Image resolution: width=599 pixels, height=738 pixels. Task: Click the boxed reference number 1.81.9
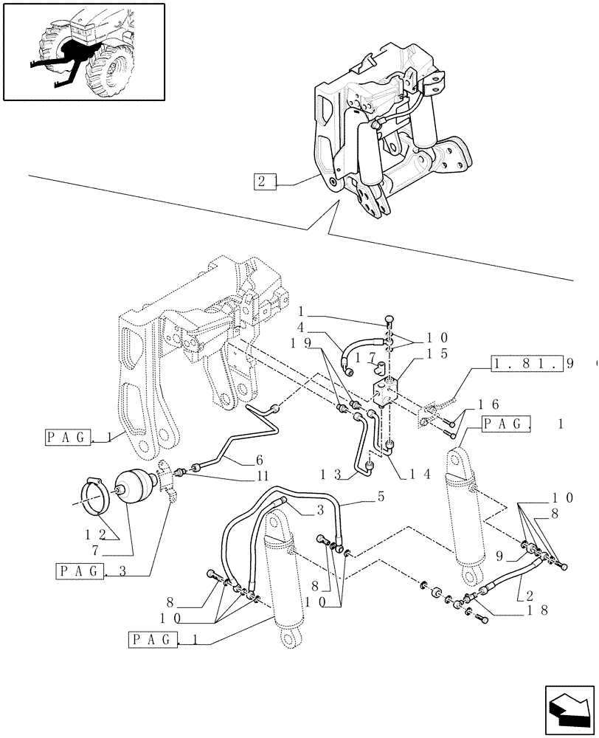point(526,364)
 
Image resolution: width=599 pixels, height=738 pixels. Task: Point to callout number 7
point(117,551)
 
